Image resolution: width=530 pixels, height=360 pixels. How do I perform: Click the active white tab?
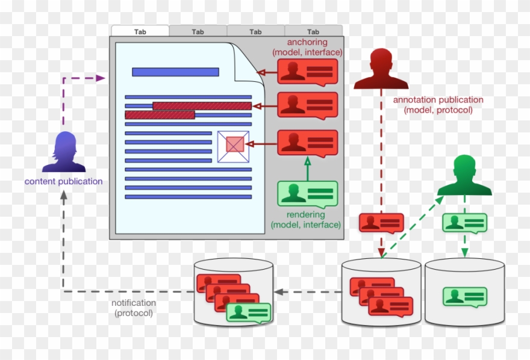coord(140,31)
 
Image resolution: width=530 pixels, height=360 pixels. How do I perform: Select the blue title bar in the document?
coord(175,72)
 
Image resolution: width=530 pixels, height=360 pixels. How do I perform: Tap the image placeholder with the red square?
coord(233,146)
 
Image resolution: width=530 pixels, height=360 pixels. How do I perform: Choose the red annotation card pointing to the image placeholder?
coord(307,143)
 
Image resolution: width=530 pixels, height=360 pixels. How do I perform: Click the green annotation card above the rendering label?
coord(307,194)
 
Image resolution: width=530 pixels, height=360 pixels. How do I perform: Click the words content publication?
coord(63,181)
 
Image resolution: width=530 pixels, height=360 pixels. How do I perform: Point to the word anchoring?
coord(307,43)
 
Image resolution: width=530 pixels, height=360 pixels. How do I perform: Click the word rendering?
coord(306,214)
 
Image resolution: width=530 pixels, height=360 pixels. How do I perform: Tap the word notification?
coord(134,303)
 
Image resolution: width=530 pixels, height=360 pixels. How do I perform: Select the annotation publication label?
coord(438,100)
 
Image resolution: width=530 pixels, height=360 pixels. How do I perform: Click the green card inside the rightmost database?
coord(464,296)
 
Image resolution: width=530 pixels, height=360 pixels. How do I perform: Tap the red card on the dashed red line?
coord(381,223)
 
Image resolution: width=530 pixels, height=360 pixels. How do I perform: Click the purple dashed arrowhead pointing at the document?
coord(101,78)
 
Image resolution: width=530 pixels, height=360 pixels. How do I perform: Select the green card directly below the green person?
coord(464,223)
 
